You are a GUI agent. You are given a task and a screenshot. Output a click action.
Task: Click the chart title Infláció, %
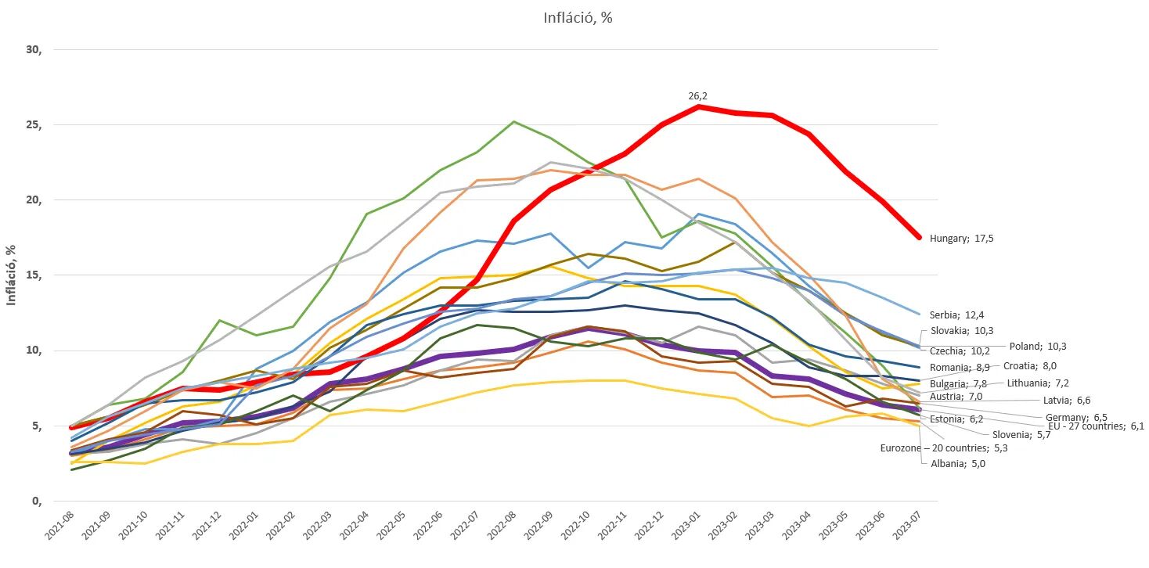tap(578, 18)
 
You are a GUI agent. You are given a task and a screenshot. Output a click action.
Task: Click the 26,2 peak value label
tap(697, 95)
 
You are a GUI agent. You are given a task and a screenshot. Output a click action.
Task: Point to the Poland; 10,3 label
tap(1038, 346)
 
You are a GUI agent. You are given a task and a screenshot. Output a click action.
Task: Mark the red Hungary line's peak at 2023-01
tap(697, 106)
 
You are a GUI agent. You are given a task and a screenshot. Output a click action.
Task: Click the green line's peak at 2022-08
tap(513, 121)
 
